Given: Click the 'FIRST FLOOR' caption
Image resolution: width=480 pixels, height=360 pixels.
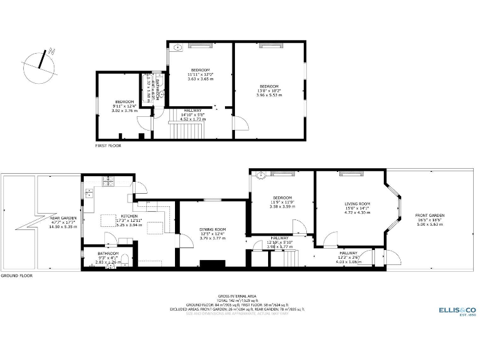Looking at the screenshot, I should (108, 146).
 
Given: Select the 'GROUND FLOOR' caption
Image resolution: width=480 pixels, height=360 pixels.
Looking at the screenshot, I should (16, 276).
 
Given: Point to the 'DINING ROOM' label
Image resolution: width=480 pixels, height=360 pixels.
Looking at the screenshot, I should (212, 229).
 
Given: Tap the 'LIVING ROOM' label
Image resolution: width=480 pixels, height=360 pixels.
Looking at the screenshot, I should (357, 204).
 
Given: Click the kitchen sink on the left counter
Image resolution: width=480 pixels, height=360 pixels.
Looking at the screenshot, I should (89, 194).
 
